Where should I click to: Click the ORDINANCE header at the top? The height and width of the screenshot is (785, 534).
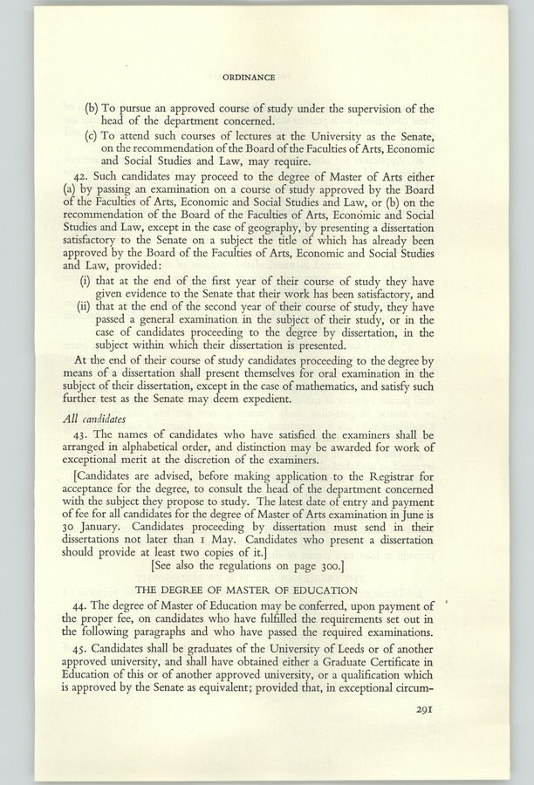[x=250, y=77]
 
